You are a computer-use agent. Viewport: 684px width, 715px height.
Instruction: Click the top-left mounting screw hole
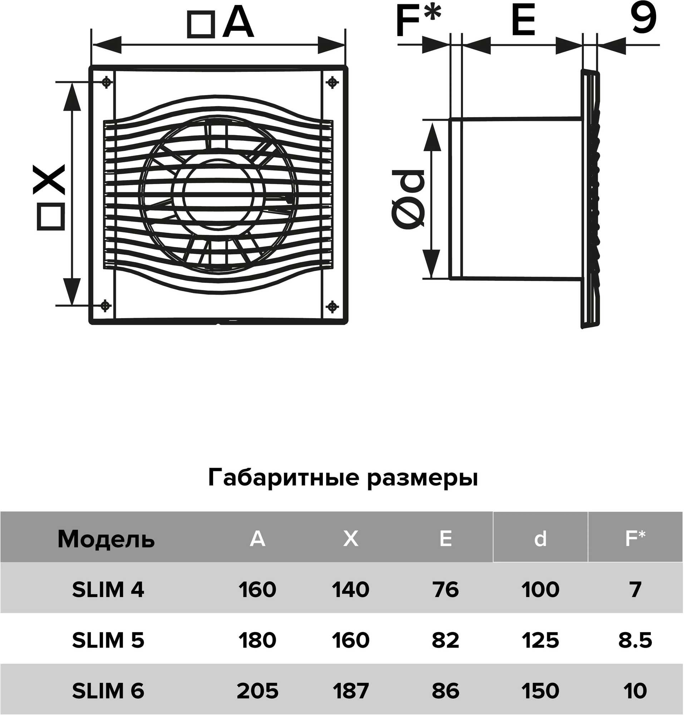point(106,82)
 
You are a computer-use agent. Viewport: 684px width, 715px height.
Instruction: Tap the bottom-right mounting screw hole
point(332,306)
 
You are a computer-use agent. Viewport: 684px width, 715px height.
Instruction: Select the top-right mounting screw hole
point(332,82)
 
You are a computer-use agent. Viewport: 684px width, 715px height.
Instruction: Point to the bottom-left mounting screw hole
point(105,305)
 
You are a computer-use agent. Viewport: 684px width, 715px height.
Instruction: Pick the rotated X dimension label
point(50,180)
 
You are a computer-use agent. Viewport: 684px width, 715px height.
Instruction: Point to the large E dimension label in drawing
point(523,21)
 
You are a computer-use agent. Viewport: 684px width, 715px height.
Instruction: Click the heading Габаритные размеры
point(343,478)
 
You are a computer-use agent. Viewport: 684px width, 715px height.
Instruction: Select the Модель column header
point(106,539)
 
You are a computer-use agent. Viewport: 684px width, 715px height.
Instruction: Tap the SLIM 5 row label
point(108,640)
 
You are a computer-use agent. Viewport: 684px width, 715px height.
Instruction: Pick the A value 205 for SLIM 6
point(257,691)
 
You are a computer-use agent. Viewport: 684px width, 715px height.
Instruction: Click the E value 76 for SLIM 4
point(446,590)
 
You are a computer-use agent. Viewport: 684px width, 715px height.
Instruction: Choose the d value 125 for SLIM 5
point(540,640)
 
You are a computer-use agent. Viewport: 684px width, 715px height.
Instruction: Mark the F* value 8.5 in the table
point(635,640)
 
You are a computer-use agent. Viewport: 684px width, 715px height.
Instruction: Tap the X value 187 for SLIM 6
point(350,691)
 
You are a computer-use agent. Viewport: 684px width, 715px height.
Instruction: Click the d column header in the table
point(540,539)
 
